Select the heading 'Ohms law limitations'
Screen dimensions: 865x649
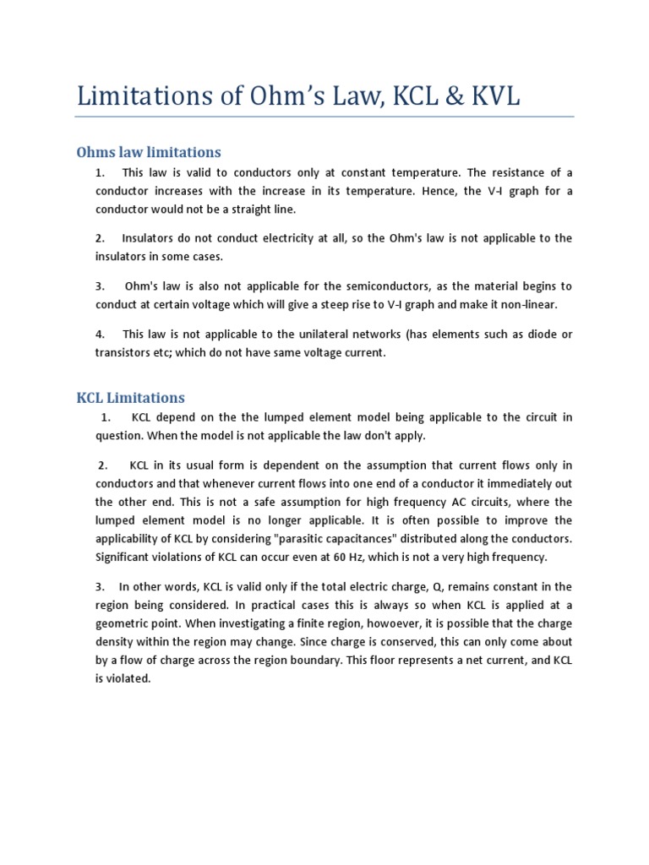tap(149, 152)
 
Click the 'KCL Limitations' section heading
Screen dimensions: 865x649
tap(131, 397)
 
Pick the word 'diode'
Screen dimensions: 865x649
tap(537, 335)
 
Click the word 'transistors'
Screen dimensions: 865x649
tap(123, 353)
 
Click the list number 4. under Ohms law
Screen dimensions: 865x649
tap(100, 335)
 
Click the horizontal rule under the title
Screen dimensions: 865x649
tap(324, 117)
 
